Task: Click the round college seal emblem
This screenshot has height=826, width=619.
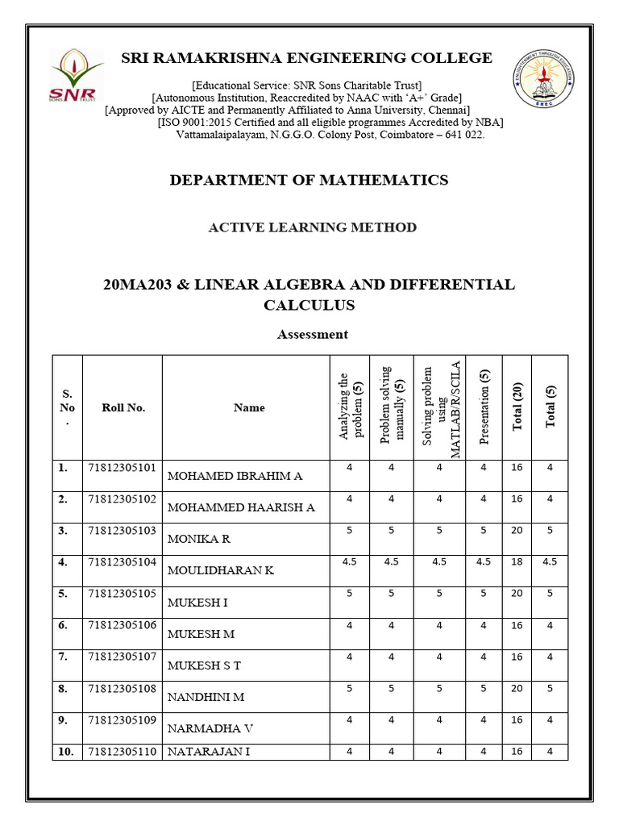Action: pyautogui.click(x=546, y=78)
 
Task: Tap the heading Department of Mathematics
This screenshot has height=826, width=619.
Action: pyautogui.click(x=309, y=180)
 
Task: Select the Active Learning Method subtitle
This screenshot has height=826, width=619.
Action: pyautogui.click(x=313, y=227)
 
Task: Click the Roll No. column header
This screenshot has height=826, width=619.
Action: pyautogui.click(x=123, y=407)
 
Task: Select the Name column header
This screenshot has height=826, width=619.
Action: pyautogui.click(x=249, y=407)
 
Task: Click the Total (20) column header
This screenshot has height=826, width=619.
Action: pyautogui.click(x=517, y=407)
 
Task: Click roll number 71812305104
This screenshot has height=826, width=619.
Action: pyautogui.click(x=123, y=561)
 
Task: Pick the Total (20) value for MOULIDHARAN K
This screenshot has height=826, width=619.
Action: pyautogui.click(x=517, y=562)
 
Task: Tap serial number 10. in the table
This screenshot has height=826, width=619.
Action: pyautogui.click(x=66, y=752)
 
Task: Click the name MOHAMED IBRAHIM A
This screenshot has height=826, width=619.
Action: pyautogui.click(x=235, y=476)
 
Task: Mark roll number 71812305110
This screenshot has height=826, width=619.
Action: pyautogui.click(x=123, y=752)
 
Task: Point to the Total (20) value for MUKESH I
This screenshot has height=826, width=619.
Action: pyautogui.click(x=517, y=594)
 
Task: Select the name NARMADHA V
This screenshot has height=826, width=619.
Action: pyautogui.click(x=210, y=728)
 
